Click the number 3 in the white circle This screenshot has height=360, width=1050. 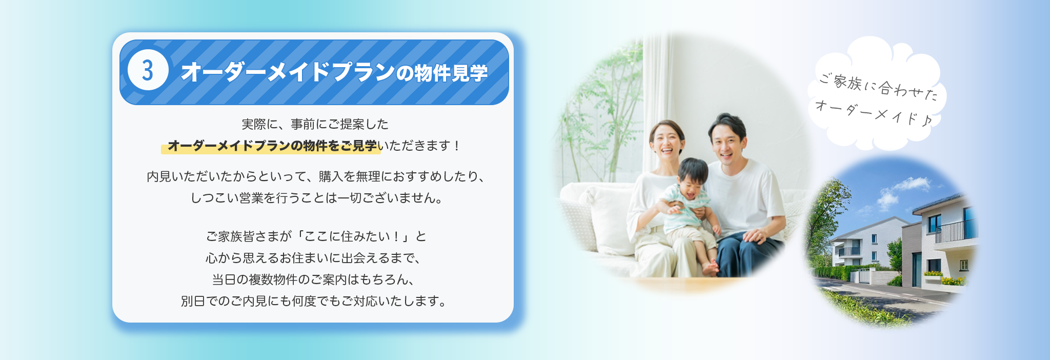click(x=148, y=70)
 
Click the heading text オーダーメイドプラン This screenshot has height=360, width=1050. click(x=288, y=72)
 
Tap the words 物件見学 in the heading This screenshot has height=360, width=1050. click(x=451, y=73)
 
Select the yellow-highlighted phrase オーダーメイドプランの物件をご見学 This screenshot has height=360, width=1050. click(x=272, y=146)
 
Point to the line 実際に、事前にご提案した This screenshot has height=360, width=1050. click(x=315, y=124)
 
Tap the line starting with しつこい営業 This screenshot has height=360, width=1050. click(x=316, y=197)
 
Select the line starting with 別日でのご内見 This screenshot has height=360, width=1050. click(x=314, y=301)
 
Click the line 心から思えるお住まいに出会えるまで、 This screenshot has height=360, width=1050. click(x=313, y=258)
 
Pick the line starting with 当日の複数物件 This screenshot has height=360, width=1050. click(x=313, y=279)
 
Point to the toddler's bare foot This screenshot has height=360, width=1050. click(x=711, y=268)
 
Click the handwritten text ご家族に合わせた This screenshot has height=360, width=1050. click(x=878, y=87)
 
